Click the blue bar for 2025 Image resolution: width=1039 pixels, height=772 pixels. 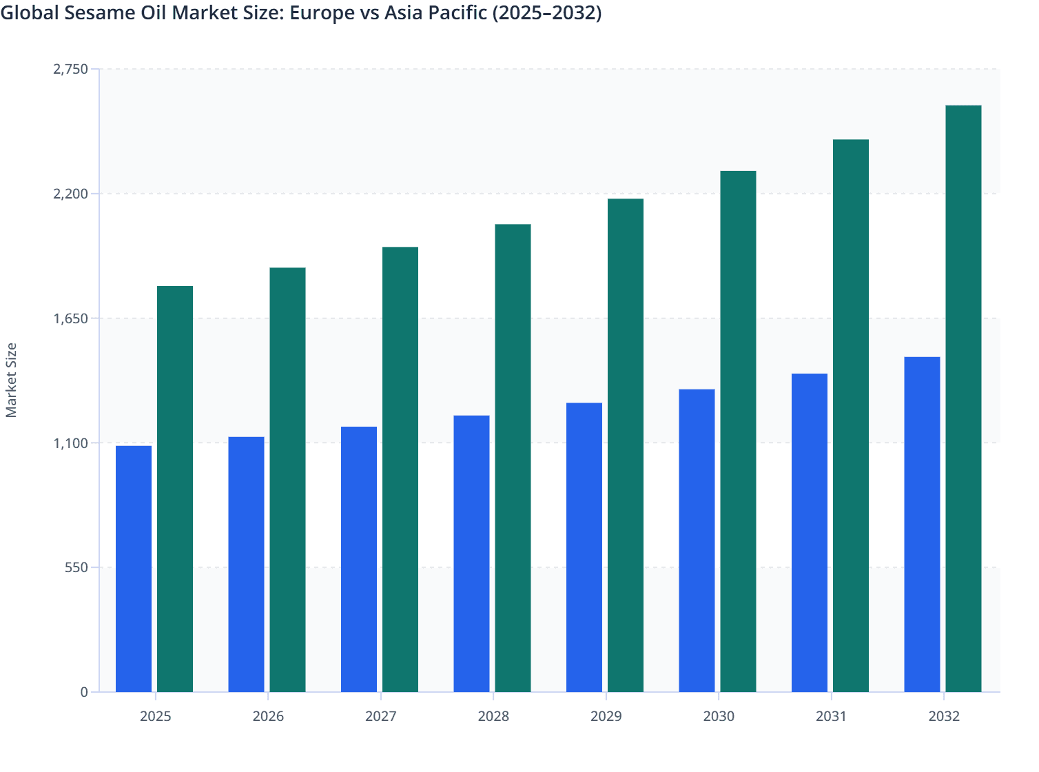tap(134, 569)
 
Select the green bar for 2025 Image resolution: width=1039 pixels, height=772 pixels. tap(175, 489)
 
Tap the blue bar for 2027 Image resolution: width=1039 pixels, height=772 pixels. tap(359, 559)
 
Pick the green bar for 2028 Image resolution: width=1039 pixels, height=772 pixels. tap(513, 458)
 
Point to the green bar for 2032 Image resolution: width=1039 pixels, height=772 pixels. tap(963, 398)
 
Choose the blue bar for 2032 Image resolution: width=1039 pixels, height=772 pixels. tap(922, 524)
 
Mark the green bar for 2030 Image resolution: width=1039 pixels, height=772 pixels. tap(738, 431)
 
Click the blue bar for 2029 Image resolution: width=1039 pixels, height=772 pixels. tap(584, 547)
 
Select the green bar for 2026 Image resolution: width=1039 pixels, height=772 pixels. tap(287, 479)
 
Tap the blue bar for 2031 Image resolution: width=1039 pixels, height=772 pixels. tap(810, 532)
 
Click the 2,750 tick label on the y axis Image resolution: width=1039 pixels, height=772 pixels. tap(70, 69)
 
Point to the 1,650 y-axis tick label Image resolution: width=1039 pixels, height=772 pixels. tap(70, 318)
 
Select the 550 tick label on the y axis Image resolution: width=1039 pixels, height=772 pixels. tap(76, 567)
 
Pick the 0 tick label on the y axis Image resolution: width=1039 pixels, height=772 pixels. tap(84, 692)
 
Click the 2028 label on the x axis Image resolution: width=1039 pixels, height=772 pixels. tap(493, 716)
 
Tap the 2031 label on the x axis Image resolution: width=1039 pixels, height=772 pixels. tap(831, 716)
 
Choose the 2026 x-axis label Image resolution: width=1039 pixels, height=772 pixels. tap(268, 716)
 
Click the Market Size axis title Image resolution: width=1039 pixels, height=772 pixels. tap(11, 380)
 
